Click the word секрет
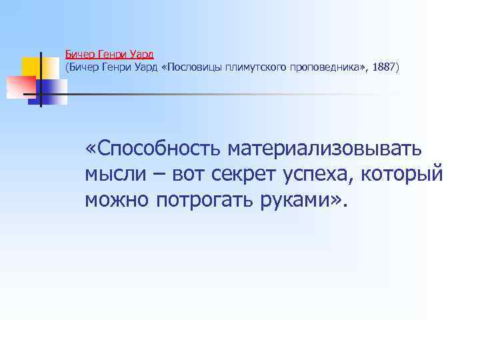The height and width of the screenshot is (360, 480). (x=243, y=174)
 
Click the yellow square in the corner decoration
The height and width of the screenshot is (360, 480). (x=31, y=67)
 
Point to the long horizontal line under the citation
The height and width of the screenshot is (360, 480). (x=233, y=94)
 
